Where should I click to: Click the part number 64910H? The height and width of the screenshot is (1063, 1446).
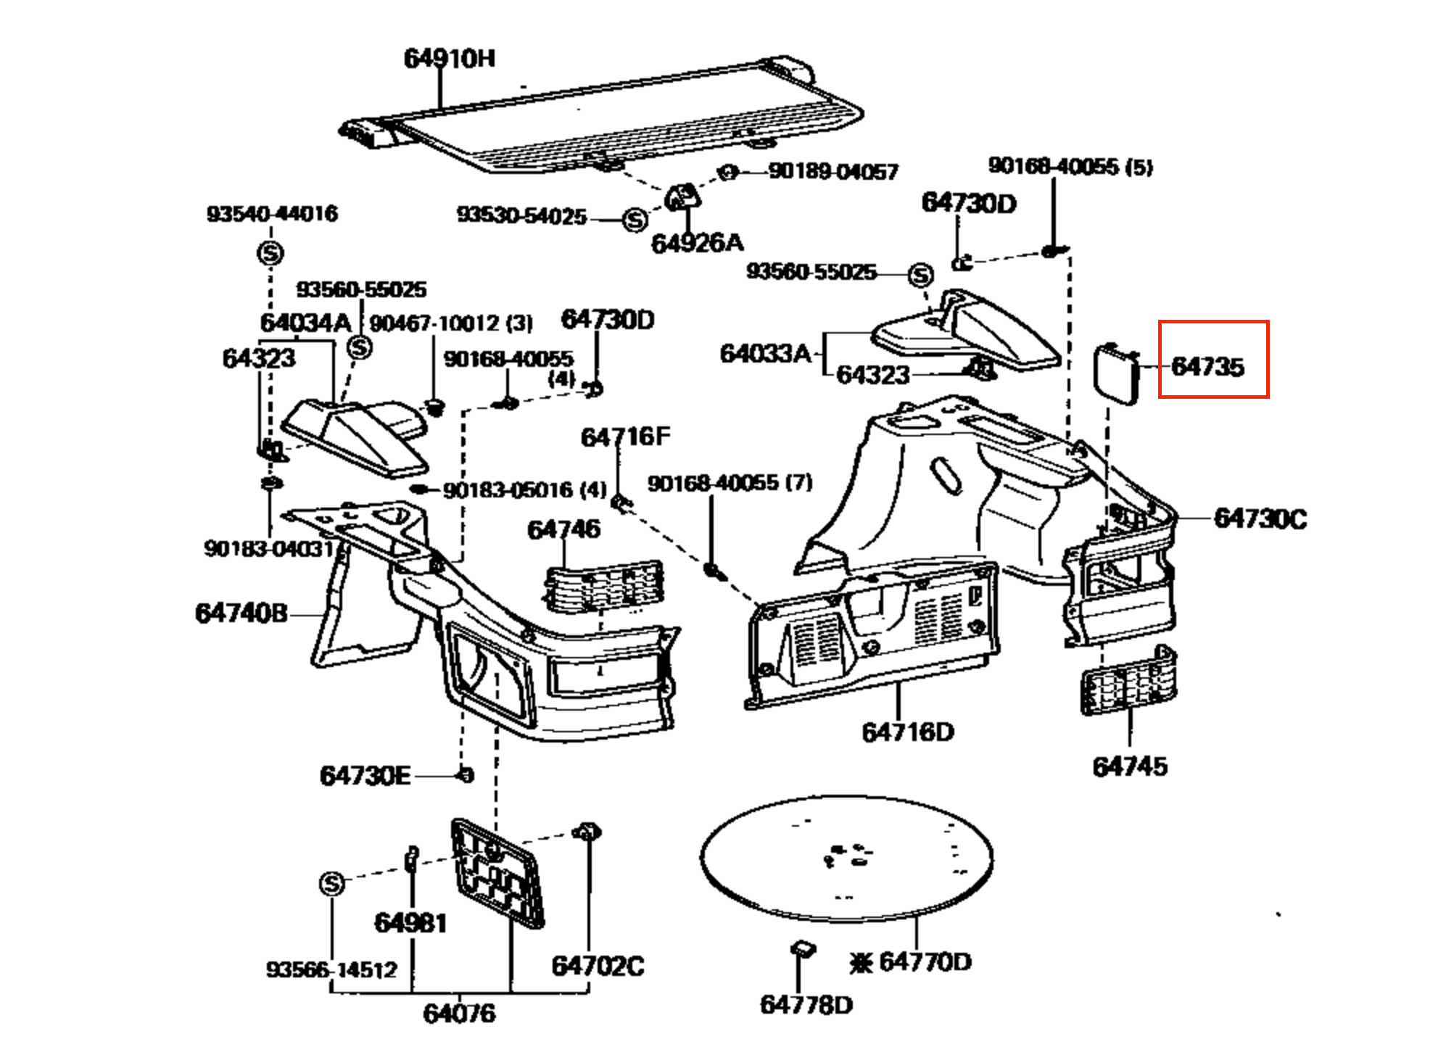pos(449,58)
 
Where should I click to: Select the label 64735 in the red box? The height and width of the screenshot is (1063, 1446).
pos(1207,367)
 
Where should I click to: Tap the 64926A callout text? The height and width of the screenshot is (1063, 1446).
pos(697,243)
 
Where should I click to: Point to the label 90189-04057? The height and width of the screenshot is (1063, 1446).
pos(833,171)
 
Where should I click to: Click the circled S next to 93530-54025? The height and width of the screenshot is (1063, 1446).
pos(635,219)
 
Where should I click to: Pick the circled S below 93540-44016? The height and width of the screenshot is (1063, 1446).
pos(270,253)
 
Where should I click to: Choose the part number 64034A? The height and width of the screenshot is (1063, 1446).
pos(305,323)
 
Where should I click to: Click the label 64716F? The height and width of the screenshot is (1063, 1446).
pos(625,437)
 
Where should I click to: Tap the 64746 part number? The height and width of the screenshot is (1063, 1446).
pos(563,529)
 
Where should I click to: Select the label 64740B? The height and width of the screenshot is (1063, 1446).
pos(241,613)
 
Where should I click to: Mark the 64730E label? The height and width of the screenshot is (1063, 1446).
pos(365,776)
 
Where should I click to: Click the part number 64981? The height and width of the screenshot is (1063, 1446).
pos(410,923)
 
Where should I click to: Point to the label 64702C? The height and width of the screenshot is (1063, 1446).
pos(598,966)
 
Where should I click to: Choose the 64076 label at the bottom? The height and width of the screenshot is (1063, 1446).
pos(459,1013)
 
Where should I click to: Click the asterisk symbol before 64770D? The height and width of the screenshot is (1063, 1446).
pos(861,963)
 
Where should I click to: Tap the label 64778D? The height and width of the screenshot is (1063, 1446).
pos(806,1005)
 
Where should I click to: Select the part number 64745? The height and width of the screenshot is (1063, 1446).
pos(1130,766)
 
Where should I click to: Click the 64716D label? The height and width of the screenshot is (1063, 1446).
pos(908,732)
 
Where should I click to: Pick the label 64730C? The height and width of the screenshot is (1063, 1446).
pos(1260,519)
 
